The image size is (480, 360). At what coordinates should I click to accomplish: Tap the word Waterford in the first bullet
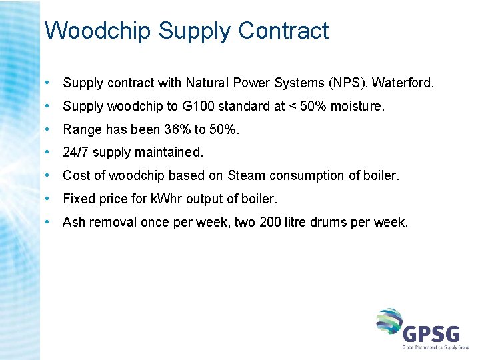coord(402,83)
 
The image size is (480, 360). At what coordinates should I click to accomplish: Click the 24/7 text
coord(75,152)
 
